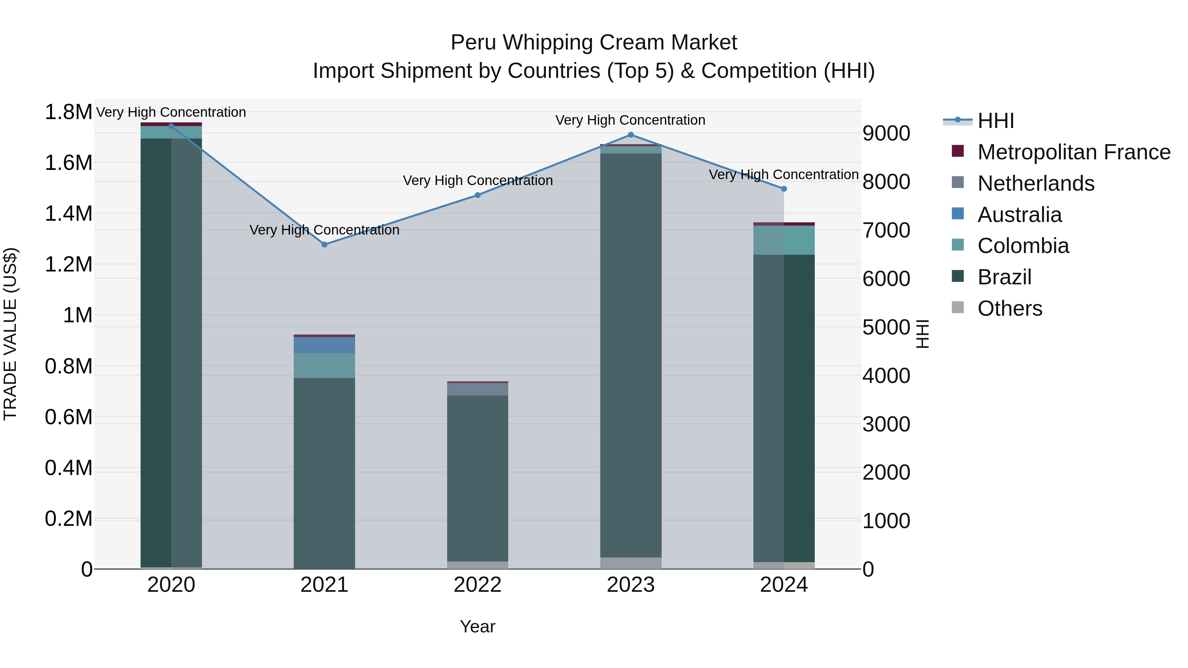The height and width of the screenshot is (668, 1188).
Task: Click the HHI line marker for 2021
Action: click(324, 244)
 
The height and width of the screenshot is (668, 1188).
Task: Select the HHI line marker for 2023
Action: click(630, 135)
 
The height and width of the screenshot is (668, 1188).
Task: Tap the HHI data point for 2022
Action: click(477, 195)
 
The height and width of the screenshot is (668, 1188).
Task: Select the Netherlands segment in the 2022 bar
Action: click(477, 389)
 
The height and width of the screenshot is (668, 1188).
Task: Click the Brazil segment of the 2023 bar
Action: click(630, 355)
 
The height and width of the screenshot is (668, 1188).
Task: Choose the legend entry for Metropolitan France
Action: click(1073, 152)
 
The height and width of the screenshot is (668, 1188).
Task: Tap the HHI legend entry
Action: click(995, 121)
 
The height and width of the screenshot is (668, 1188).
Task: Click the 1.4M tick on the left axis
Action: click(68, 214)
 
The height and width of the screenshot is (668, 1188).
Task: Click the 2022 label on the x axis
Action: click(477, 585)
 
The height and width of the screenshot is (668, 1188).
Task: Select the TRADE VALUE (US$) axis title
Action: click(10, 334)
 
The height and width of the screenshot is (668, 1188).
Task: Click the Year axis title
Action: click(477, 626)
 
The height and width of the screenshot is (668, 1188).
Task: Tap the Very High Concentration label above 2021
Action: click(324, 230)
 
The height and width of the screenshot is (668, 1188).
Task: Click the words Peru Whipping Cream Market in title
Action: click(594, 43)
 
